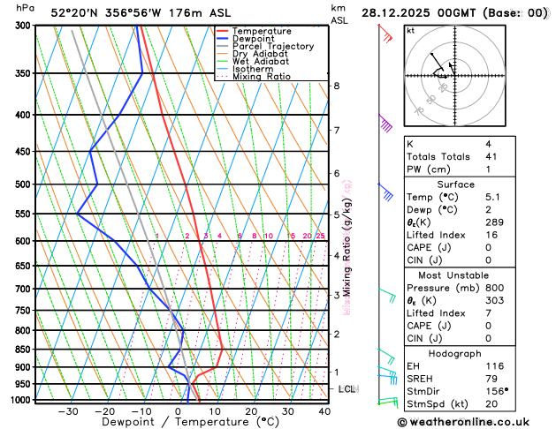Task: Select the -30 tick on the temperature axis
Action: (x=68, y=411)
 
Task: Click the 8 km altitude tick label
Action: (x=337, y=86)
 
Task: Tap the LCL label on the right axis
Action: (x=347, y=389)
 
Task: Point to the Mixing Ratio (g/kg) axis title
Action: (x=347, y=246)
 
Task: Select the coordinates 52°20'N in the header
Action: (x=77, y=13)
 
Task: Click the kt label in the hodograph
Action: (x=410, y=31)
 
